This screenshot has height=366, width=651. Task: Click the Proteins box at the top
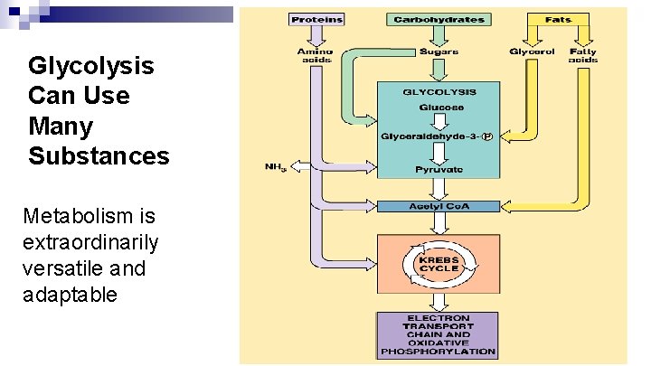tap(315, 19)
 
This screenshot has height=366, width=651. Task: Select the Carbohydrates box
tap(439, 19)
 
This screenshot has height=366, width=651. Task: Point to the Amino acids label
tap(315, 56)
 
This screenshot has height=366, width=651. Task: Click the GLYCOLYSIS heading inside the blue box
tap(439, 91)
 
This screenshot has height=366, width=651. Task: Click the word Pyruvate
tap(439, 169)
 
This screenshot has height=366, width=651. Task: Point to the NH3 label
tap(275, 167)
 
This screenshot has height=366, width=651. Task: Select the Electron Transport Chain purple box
tap(439, 335)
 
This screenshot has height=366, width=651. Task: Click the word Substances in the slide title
tap(99, 156)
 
